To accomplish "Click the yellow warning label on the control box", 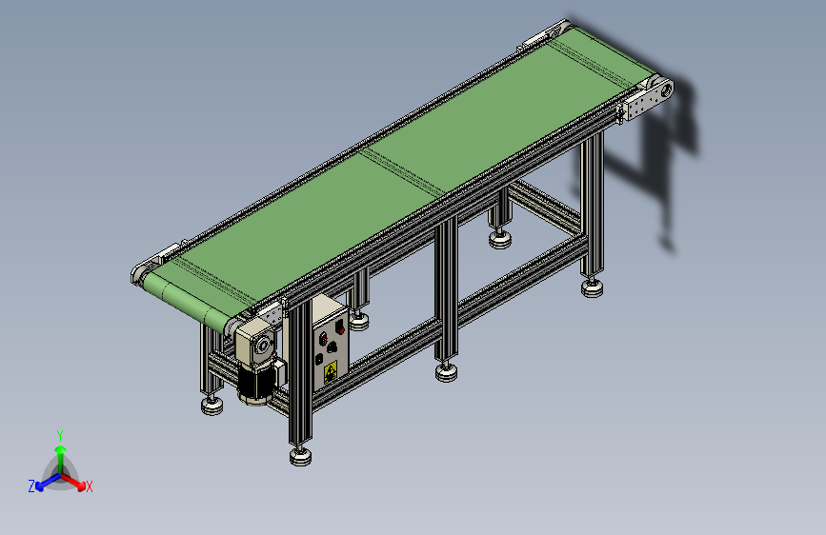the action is click(x=331, y=372).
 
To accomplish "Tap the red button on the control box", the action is click(x=340, y=328).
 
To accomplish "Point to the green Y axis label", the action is click(x=60, y=435).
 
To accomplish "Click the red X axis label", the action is click(x=89, y=487).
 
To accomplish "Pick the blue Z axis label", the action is click(x=31, y=486).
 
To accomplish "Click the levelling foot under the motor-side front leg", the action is click(x=300, y=456).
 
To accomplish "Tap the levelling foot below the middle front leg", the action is click(x=446, y=372).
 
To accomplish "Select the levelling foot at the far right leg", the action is click(x=592, y=287).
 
